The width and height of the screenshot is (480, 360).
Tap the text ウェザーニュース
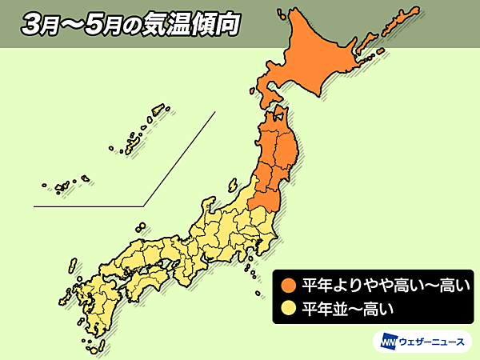[431, 340]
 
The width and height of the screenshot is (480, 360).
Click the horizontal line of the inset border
[88, 206]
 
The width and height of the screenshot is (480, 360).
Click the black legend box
[376, 295]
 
